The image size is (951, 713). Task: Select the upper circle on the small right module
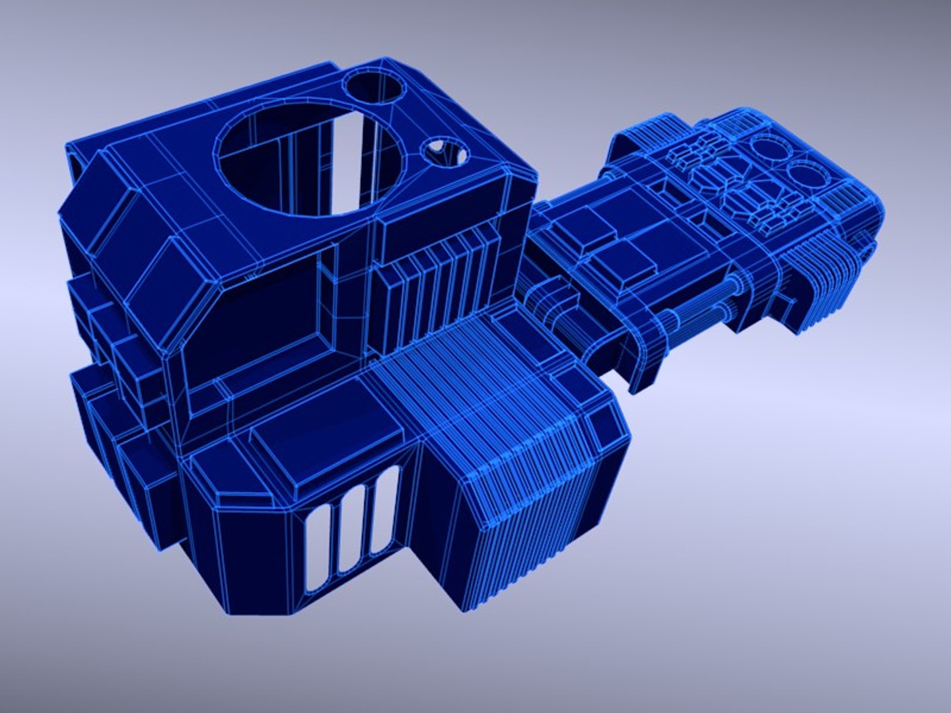768,149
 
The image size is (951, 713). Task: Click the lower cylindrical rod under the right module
700,317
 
